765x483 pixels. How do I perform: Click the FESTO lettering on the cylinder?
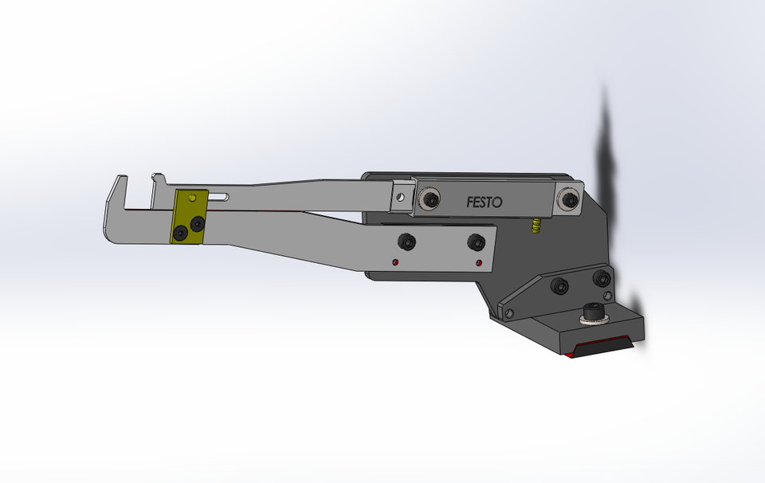pyautogui.click(x=484, y=202)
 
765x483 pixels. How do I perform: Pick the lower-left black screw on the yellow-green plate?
pyautogui.click(x=182, y=233)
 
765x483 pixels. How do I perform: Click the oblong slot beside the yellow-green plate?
pyautogui.click(x=220, y=197)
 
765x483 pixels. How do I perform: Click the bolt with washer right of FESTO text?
pyautogui.click(x=569, y=200)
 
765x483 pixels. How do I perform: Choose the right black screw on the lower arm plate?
pyautogui.click(x=476, y=241)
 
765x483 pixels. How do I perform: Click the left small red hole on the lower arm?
pyautogui.click(x=395, y=261)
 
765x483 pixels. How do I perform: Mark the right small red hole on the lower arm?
pyautogui.click(x=478, y=262)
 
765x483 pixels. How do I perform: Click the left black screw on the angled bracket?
pyautogui.click(x=560, y=285)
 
